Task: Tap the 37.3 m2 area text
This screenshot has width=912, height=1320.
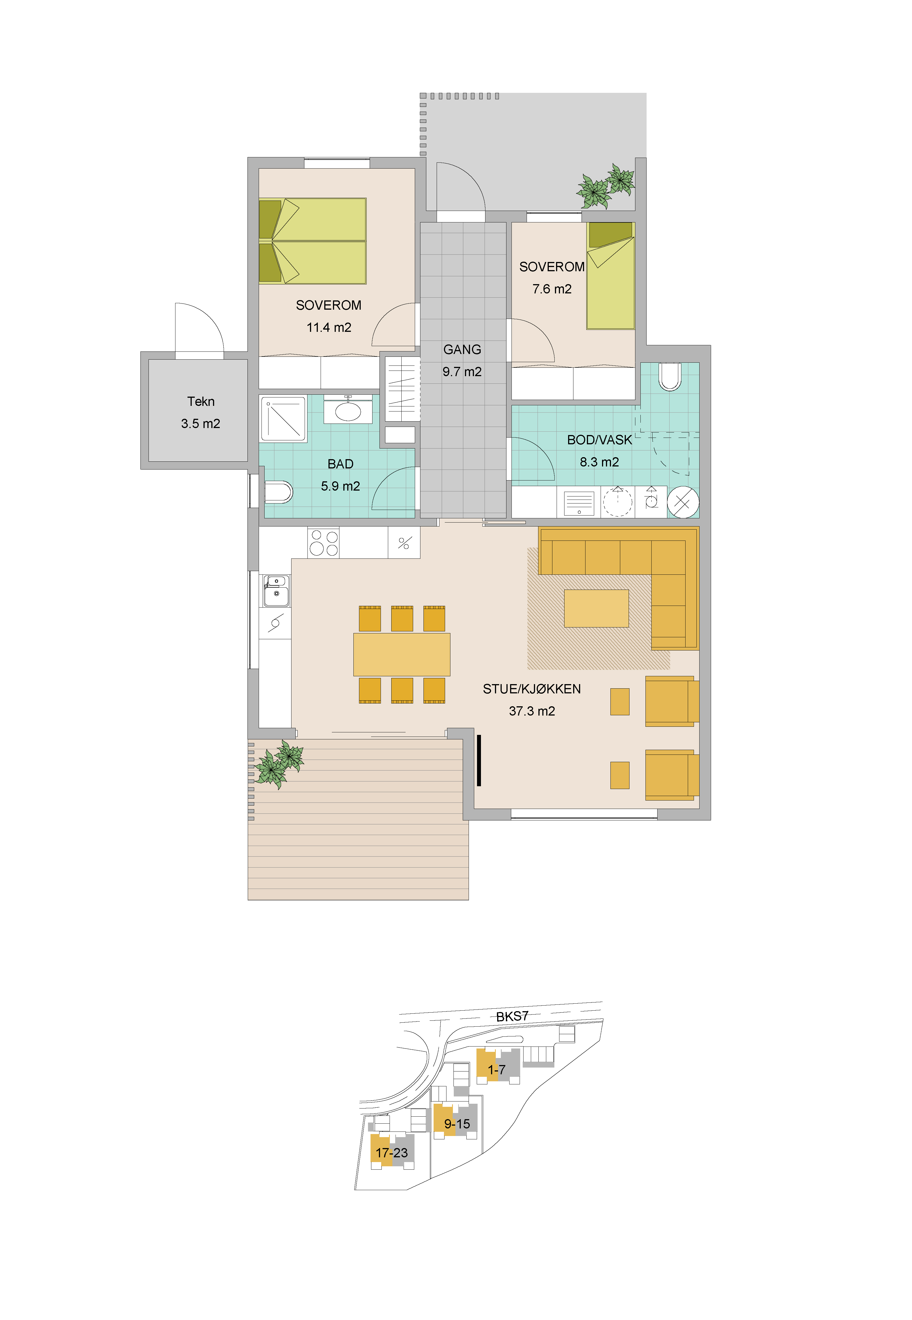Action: click(532, 711)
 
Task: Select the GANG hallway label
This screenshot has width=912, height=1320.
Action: click(462, 349)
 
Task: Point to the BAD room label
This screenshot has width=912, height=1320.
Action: click(341, 464)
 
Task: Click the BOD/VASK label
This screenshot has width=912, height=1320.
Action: click(599, 440)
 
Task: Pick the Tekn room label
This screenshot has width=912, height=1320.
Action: click(201, 401)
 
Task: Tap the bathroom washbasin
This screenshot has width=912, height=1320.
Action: click(348, 410)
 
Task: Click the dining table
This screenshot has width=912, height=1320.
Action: click(402, 654)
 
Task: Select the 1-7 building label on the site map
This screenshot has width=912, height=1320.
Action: click(497, 1070)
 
